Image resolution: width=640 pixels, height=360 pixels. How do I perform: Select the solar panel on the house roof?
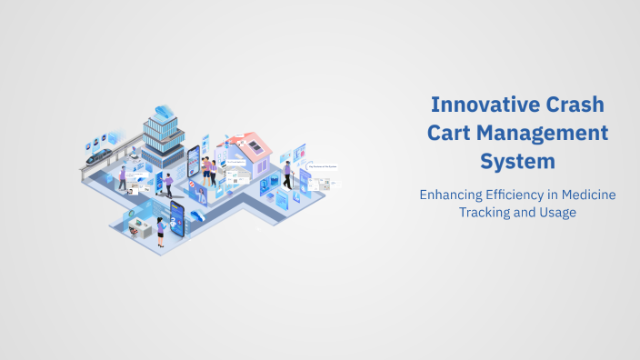coord(256,145)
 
